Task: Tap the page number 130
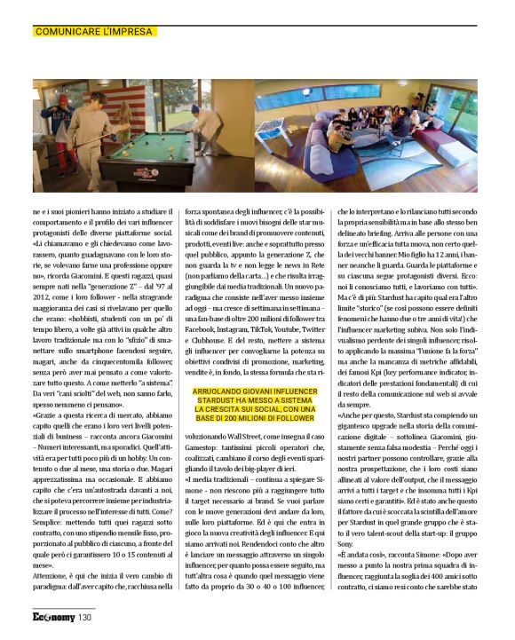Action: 84,616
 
